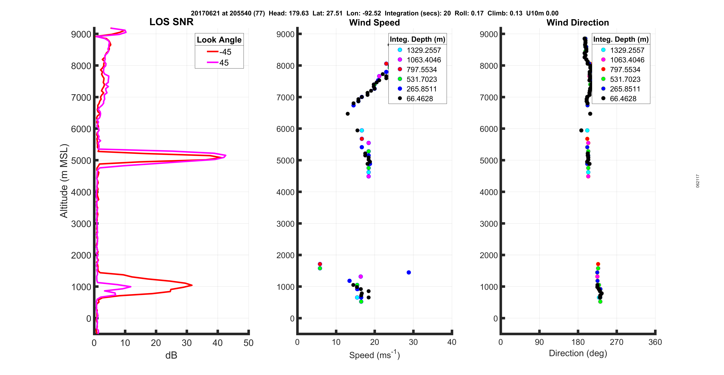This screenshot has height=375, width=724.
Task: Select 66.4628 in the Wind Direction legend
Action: [x=623, y=99]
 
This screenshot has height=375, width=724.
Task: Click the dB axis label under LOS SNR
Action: [x=171, y=355]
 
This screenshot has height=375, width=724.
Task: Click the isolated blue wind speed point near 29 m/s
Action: [x=409, y=272]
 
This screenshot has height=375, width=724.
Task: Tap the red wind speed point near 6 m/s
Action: [x=320, y=264]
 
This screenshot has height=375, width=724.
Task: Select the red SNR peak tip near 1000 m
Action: [x=192, y=285]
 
